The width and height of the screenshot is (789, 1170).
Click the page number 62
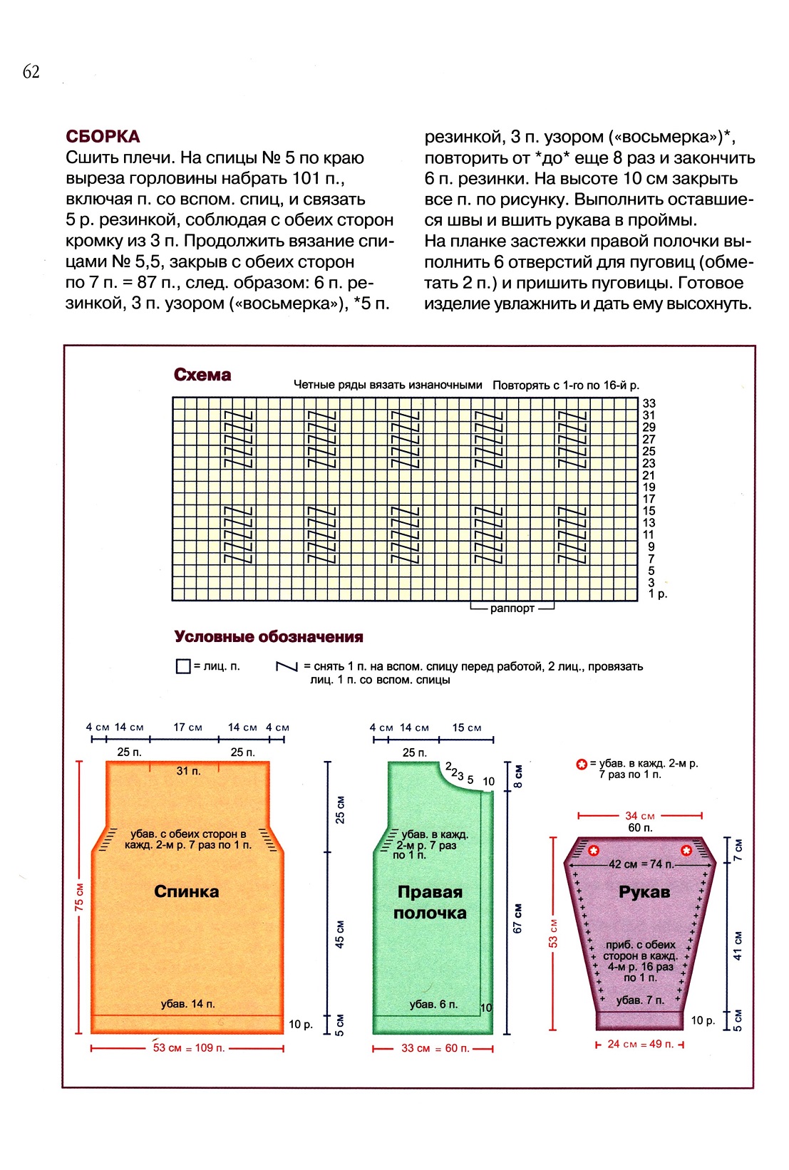pos(31,71)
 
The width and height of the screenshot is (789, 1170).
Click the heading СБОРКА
pos(103,137)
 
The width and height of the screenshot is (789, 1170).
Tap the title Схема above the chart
pos(202,375)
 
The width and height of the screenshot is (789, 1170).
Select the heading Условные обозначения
pos(269,637)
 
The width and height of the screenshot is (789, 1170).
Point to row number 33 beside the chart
pos(649,403)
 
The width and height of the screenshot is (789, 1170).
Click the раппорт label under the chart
pos(512,609)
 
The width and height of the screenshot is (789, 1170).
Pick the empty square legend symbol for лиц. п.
pos(182,666)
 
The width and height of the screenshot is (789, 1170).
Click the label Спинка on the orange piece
pos(187,891)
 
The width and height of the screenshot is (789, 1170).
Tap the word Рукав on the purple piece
pos(644,891)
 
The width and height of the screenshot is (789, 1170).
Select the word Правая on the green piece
pos(430,891)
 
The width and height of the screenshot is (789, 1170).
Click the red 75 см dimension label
pos(79,897)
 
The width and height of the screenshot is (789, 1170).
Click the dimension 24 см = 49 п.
pos(640,1045)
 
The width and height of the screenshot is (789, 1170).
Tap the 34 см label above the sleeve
pos(639,816)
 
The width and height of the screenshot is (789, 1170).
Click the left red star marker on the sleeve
pos(594,850)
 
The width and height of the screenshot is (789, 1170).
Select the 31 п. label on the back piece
pos(188,771)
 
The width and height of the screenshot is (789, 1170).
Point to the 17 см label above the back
pos(187,728)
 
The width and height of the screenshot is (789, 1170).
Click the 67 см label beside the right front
pos(518,918)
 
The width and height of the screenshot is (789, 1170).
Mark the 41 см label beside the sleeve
pos(738,945)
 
